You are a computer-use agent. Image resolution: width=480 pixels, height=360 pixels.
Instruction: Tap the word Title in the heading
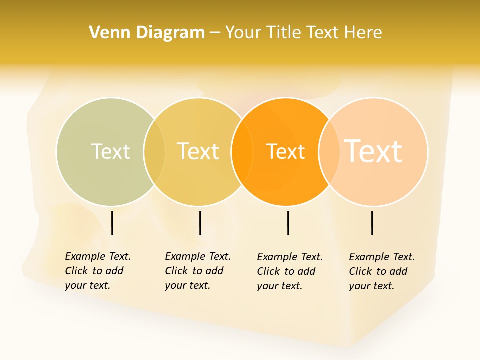283,33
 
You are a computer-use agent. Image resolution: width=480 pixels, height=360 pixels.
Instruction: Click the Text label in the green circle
110,151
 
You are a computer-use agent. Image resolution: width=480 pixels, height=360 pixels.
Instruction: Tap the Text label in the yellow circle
198,151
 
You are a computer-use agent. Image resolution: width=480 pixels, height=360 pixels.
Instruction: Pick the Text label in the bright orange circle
285,151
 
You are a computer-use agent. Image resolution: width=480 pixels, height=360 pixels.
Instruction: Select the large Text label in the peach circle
373,151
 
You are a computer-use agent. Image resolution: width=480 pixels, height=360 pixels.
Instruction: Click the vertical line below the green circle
112,223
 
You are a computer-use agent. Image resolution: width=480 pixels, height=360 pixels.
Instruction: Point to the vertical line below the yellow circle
200,223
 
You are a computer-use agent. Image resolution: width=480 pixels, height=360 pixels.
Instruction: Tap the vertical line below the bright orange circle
288,223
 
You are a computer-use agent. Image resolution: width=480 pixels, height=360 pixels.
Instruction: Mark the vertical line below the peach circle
372,223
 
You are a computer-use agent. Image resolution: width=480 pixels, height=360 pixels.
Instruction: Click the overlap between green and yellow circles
154,151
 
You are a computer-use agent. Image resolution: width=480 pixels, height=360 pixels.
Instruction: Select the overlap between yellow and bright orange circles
242,151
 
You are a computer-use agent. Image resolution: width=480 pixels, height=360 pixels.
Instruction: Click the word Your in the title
243,33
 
